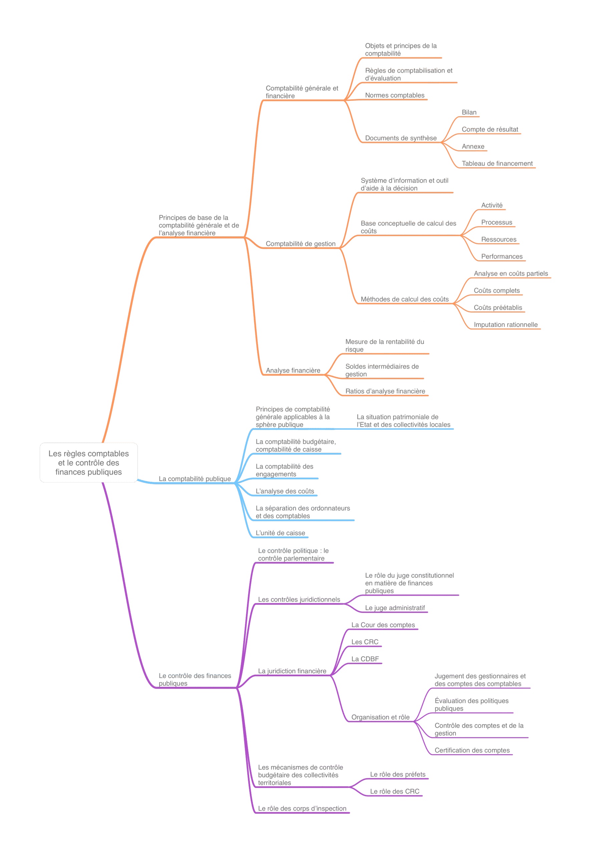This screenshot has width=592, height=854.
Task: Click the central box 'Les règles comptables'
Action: point(89,462)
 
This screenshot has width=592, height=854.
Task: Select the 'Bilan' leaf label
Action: point(469,112)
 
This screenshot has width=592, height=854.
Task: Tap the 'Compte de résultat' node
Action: point(490,129)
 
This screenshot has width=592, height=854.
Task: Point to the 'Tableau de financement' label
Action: point(497,163)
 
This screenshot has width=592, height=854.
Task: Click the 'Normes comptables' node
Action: point(395,95)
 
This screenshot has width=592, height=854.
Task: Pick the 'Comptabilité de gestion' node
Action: point(300,244)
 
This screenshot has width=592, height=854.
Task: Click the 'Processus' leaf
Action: point(497,223)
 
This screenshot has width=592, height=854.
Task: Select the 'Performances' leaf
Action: point(502,257)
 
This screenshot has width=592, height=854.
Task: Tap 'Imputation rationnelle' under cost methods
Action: point(506,325)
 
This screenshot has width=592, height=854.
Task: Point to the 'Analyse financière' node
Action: point(293,370)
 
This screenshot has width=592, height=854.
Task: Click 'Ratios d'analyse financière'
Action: point(385,391)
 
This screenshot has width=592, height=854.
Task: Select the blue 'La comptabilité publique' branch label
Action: point(195,479)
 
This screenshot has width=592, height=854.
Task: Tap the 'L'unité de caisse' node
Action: point(280,533)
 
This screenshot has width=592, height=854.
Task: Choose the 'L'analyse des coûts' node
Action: point(285,491)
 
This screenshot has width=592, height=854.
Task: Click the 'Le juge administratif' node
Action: point(395,608)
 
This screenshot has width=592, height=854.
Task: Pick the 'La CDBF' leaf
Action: point(365,659)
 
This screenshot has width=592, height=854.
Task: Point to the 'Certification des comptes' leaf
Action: point(472,750)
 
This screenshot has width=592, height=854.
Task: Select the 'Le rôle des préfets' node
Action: point(398,774)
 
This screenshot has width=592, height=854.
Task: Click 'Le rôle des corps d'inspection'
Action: point(302,808)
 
